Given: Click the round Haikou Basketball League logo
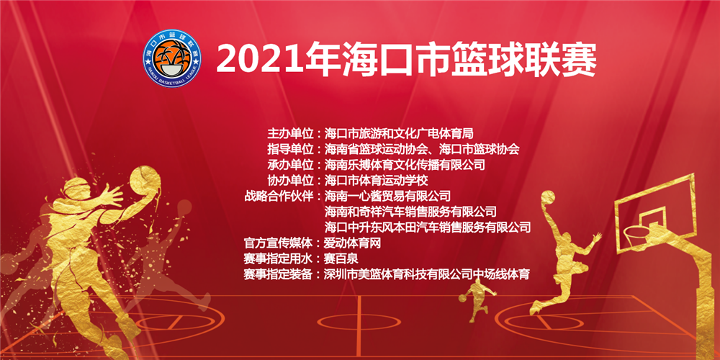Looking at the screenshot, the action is point(172,58).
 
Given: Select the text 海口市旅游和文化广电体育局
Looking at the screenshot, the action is point(399,134).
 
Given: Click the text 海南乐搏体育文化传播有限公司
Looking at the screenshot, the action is point(405,164).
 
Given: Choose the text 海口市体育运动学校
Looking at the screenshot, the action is point(376,179).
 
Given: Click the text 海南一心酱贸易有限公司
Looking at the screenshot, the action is point(387,196).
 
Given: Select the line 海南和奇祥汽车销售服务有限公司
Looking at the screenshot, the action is point(410,212).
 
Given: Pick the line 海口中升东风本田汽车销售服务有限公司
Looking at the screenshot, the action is point(428,227).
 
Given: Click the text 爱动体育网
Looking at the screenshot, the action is point(353,243).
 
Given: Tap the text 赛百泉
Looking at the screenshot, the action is point(341,258).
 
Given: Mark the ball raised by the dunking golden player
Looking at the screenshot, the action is point(548,197).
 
